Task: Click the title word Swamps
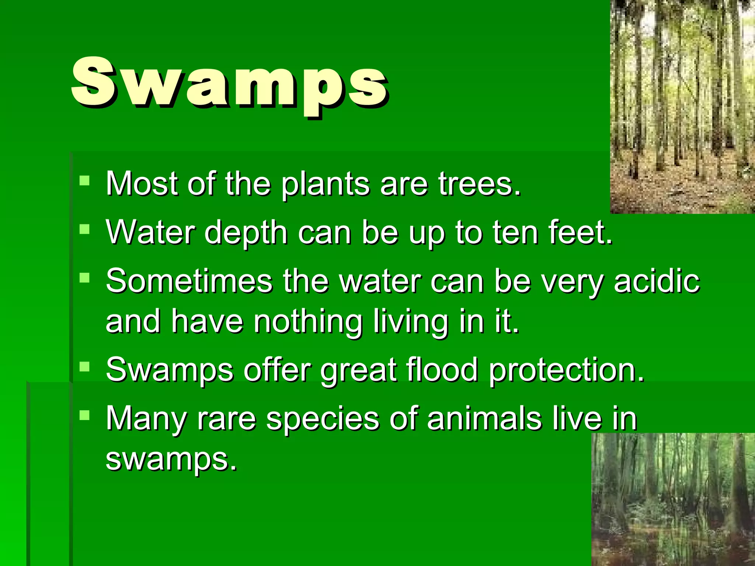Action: tap(229, 83)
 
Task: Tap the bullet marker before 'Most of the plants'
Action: tap(84, 181)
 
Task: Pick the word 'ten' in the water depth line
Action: tap(515, 232)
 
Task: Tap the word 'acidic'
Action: tap(656, 281)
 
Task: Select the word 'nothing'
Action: tap(308, 321)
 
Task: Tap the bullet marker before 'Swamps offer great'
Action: tap(84, 366)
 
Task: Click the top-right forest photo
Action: tap(682, 106)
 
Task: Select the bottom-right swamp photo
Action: tap(673, 499)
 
